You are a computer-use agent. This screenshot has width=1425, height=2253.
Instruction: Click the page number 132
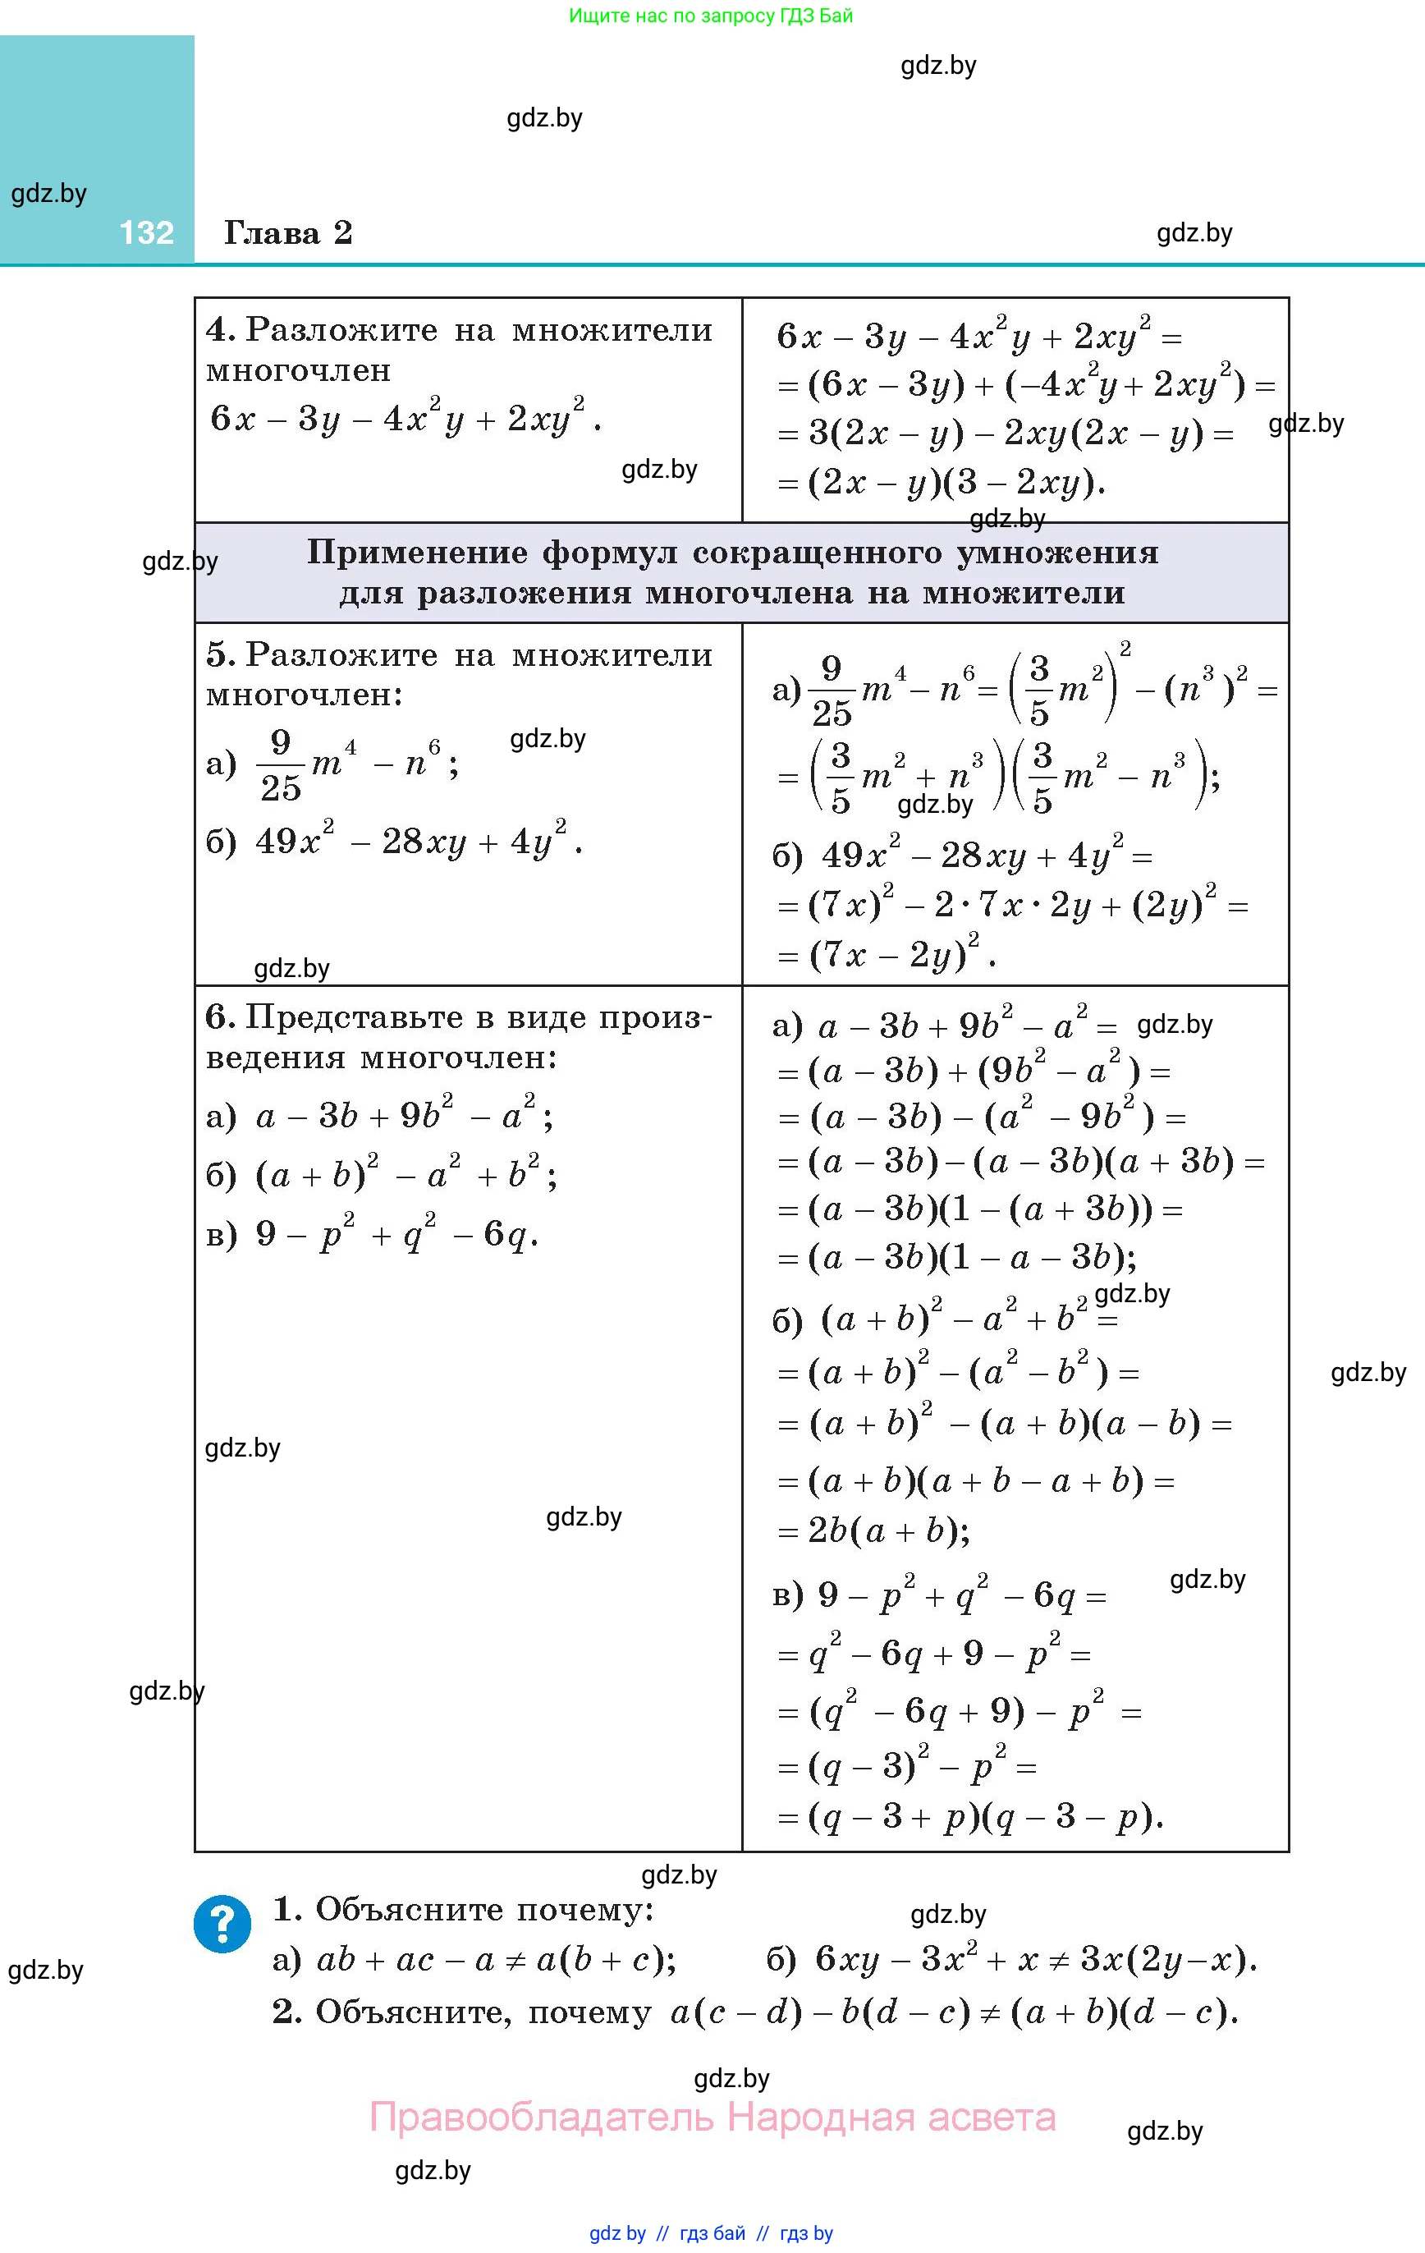(147, 233)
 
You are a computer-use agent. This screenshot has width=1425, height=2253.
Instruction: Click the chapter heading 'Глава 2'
(288, 233)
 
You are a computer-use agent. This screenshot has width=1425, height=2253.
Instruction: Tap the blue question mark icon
(222, 1924)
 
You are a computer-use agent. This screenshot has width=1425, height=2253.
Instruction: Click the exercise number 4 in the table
(219, 329)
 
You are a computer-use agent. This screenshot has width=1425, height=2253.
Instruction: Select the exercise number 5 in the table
(219, 654)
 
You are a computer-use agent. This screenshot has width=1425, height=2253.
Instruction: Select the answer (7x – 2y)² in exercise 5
(898, 953)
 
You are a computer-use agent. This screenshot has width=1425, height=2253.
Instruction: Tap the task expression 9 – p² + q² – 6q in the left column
(396, 1235)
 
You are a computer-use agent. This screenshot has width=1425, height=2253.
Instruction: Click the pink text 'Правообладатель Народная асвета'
(713, 2118)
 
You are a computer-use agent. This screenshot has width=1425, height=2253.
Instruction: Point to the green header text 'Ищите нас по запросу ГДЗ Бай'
(711, 16)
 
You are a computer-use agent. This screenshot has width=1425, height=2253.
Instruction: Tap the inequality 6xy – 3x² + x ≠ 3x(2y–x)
(1035, 1959)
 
